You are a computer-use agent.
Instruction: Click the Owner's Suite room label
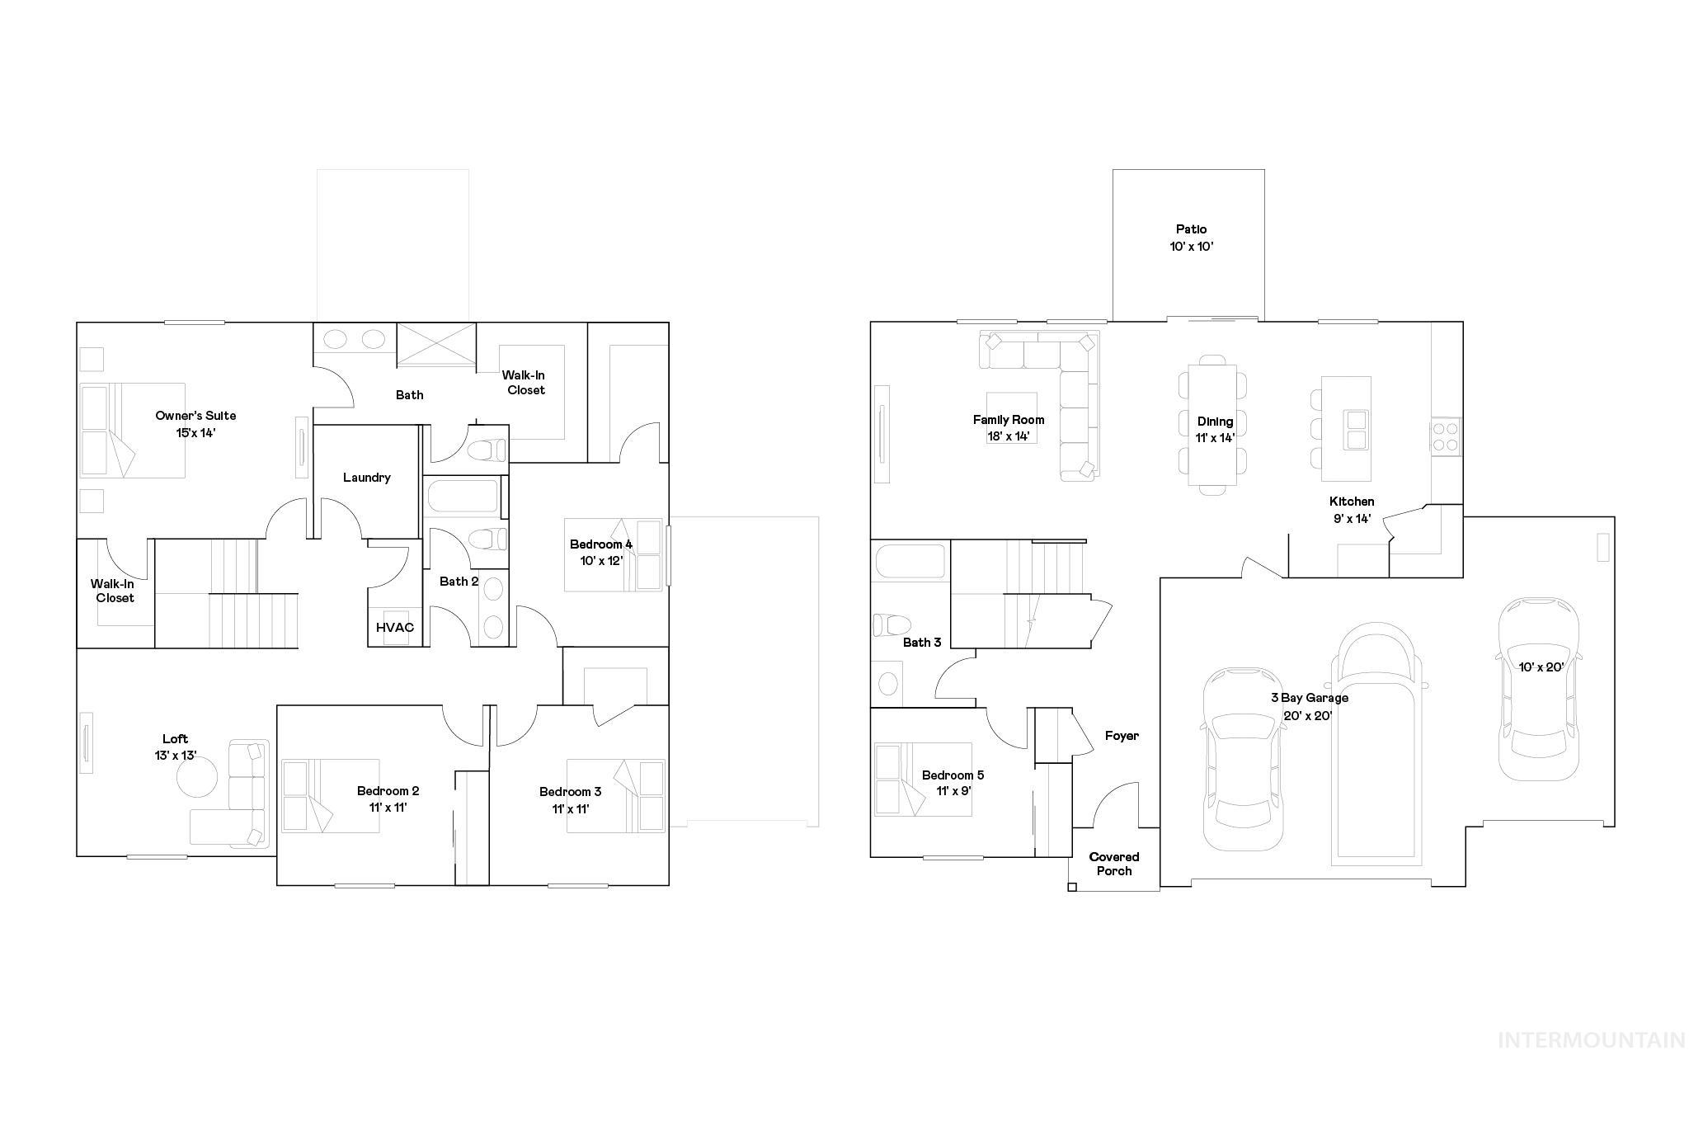point(195,416)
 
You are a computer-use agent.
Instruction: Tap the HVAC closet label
point(395,628)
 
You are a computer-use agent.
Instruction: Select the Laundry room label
point(366,478)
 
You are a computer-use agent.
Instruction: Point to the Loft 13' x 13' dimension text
point(176,755)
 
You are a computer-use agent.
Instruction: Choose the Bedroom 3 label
point(570,792)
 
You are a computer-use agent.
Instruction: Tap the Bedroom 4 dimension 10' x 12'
point(601,561)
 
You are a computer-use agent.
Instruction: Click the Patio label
point(1191,229)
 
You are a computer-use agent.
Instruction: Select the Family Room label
point(1008,420)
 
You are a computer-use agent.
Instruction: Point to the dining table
point(1212,425)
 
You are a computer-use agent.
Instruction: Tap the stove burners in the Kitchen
point(1445,436)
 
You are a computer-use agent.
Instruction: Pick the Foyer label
point(1122,736)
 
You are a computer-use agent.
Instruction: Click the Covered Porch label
point(1114,864)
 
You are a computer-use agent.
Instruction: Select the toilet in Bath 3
point(892,624)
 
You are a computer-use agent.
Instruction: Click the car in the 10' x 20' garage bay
point(1538,689)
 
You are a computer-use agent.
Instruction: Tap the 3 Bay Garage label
point(1309,698)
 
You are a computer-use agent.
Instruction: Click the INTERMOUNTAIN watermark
point(1591,1040)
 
